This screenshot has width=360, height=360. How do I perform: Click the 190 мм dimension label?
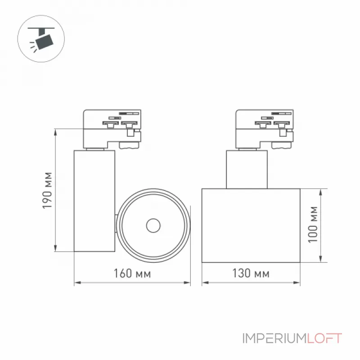(48, 190)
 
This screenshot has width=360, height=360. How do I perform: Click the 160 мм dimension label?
(132, 274)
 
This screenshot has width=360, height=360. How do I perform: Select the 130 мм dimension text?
(251, 273)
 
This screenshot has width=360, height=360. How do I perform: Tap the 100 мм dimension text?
(313, 224)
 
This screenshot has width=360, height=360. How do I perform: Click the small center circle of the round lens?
(153, 225)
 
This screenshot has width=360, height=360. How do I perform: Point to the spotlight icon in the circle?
(41, 39)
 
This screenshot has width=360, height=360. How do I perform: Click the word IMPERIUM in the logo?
(275, 338)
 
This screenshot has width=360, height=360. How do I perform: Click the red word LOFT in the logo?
(324, 338)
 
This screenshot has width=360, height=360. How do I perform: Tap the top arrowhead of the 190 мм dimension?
(55, 132)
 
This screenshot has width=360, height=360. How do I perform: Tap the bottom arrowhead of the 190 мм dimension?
(55, 248)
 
